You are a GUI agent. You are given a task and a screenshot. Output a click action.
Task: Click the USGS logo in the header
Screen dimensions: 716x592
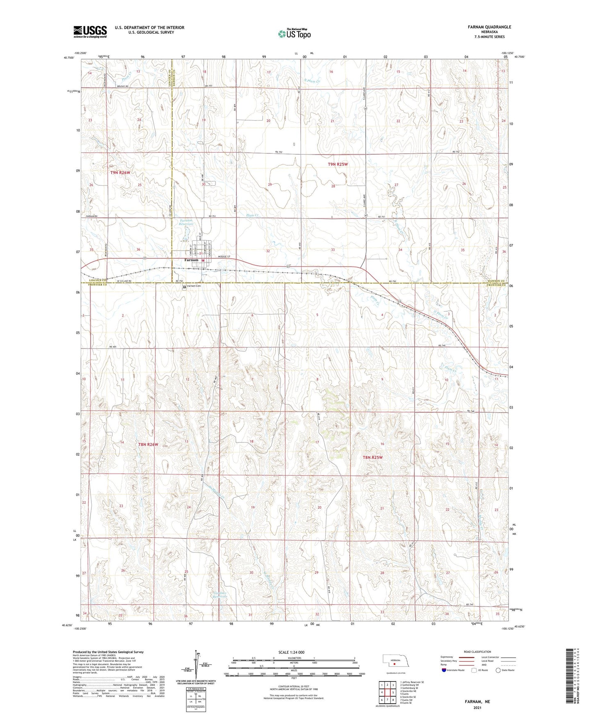[x=90, y=31]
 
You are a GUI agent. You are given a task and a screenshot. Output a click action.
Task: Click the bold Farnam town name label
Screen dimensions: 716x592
[x=191, y=260]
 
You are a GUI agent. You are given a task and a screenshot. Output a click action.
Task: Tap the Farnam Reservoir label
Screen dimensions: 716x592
[x=186, y=223]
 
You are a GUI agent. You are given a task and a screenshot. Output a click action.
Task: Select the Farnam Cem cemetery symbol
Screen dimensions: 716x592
[x=184, y=287]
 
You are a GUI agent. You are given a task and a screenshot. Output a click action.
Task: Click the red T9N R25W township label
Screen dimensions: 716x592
[x=338, y=164]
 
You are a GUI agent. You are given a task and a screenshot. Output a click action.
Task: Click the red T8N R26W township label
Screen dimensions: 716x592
[x=148, y=445]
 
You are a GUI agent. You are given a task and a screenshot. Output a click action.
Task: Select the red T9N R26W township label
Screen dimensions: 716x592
[x=120, y=173]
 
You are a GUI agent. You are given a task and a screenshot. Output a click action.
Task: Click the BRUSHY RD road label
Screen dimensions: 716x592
[x=122, y=87]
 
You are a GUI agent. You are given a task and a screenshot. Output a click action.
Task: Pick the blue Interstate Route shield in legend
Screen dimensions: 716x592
[x=444, y=670]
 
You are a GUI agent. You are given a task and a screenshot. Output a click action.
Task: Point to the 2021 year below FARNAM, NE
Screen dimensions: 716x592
[x=477, y=707]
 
